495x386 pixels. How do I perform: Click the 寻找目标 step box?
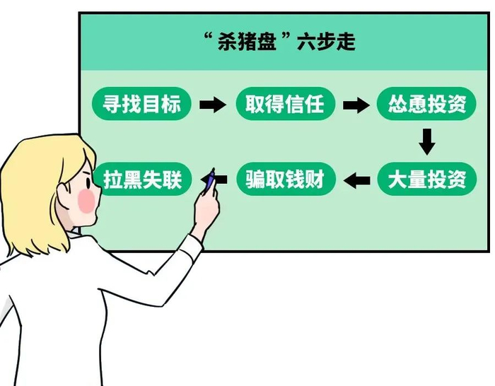tap(141, 103)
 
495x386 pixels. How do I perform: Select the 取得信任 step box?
tap(285, 103)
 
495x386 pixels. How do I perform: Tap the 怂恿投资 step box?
tap(426, 103)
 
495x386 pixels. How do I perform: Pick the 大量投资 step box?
tap(427, 179)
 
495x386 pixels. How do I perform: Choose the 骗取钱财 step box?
tap(285, 179)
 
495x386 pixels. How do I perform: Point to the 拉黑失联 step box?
tap(143, 179)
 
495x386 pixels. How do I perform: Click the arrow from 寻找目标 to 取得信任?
tap(213, 104)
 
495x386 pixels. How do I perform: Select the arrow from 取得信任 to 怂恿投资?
tap(356, 104)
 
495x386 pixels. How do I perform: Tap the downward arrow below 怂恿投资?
tap(427, 141)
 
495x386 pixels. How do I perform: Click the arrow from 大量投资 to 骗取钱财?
tap(356, 180)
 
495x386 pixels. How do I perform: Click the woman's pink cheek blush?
tap(86, 201)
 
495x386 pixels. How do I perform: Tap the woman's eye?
tap(89, 182)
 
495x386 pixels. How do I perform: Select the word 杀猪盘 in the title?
tap(247, 41)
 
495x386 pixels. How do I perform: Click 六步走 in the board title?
tap(326, 41)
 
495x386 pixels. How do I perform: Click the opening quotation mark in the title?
tap(208, 35)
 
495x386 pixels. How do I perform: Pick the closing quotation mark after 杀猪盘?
tap(286, 35)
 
